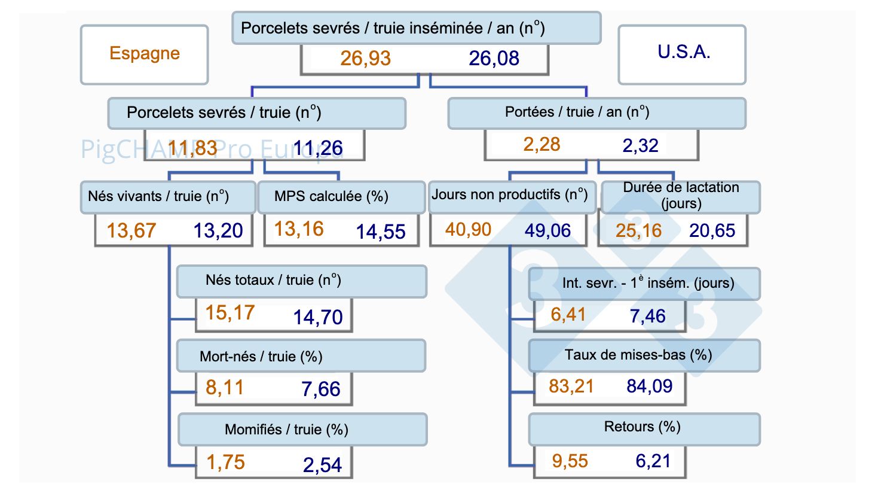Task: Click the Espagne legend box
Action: click(x=145, y=54)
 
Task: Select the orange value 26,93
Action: click(x=365, y=59)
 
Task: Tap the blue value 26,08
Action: click(x=494, y=59)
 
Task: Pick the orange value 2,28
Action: click(x=541, y=145)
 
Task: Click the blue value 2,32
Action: click(x=640, y=145)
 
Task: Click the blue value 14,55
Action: click(x=381, y=232)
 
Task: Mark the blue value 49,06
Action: click(x=547, y=230)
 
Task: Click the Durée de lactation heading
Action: click(x=681, y=196)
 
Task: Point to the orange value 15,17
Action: click(x=230, y=313)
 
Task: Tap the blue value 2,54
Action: click(x=322, y=465)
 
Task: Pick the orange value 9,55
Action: click(x=570, y=461)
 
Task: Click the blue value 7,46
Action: click(x=647, y=316)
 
